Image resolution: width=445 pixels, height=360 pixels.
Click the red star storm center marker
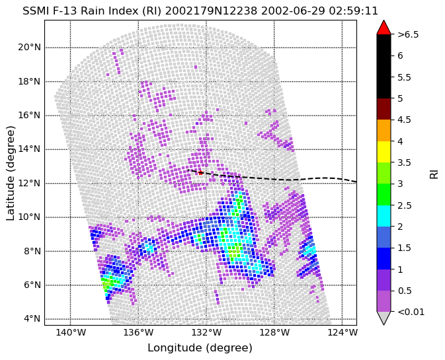[x=200, y=172]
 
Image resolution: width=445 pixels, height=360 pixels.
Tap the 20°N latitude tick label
[x=30, y=48]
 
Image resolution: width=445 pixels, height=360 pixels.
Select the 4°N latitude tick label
[x=32, y=319]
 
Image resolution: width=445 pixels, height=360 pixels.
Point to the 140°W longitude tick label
[x=70, y=332]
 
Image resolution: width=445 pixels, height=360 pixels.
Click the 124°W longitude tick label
[x=343, y=332]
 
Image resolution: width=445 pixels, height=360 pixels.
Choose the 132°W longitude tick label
[x=206, y=332]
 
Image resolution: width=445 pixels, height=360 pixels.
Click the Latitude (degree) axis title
[x=10, y=173]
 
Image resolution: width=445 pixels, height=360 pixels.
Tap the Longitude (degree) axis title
[x=200, y=348]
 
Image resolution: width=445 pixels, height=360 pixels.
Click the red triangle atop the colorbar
[x=384, y=27]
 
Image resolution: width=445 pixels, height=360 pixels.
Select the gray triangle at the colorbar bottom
[x=384, y=318]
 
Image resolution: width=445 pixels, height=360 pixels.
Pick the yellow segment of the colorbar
[x=384, y=152]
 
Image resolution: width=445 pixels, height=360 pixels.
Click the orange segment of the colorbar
[x=384, y=130]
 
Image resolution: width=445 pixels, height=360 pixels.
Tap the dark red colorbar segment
[x=384, y=109]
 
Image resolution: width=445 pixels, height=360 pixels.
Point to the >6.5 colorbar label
[x=408, y=34]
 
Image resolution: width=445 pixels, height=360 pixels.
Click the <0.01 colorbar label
[x=411, y=312]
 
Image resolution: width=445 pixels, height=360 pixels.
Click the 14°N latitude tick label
[x=30, y=149]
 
